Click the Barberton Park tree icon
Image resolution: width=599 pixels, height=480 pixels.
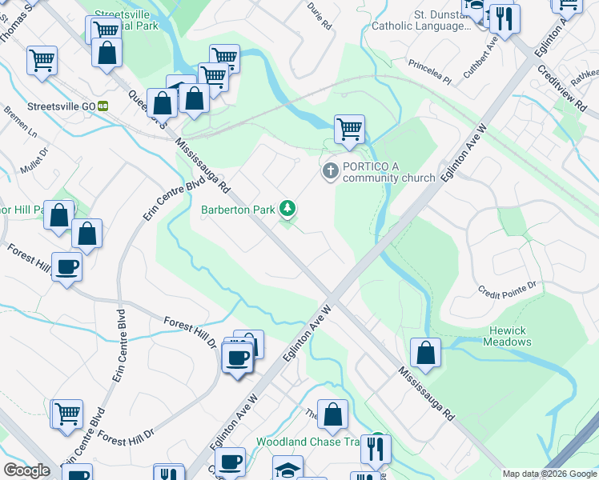point(287,210)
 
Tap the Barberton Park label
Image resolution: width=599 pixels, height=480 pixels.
point(237,210)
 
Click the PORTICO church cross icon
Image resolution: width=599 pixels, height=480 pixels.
point(330,171)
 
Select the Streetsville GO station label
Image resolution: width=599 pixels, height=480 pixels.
point(61,106)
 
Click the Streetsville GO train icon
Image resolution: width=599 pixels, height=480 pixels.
point(103,106)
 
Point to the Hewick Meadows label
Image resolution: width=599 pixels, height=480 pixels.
point(507,336)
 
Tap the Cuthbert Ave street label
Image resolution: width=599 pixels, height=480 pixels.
point(480,62)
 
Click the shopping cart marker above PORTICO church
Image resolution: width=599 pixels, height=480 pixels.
point(349,129)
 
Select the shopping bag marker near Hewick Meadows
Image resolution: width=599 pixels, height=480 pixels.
point(426,353)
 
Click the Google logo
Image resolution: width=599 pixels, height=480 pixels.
point(26,470)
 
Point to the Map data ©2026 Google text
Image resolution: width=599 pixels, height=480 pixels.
point(549,474)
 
